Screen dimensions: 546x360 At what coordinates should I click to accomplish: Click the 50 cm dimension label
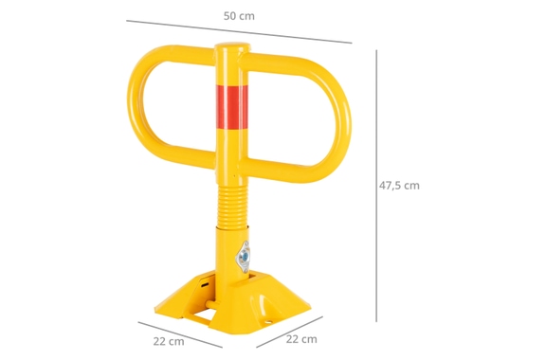point(239,16)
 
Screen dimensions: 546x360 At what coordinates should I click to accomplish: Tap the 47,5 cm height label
point(399,186)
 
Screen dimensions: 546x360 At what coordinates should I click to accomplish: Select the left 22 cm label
point(169,341)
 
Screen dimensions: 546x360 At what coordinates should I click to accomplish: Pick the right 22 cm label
point(301,339)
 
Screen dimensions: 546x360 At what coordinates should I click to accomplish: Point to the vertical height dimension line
point(376,186)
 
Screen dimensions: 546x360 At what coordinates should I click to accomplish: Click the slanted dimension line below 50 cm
point(239,31)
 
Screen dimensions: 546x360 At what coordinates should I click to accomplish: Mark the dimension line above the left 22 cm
point(180,334)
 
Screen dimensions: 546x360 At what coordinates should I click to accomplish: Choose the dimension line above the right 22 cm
point(289,332)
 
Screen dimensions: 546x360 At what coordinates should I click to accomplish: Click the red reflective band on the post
point(231,106)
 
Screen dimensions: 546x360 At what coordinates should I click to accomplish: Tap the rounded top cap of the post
point(232,46)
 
